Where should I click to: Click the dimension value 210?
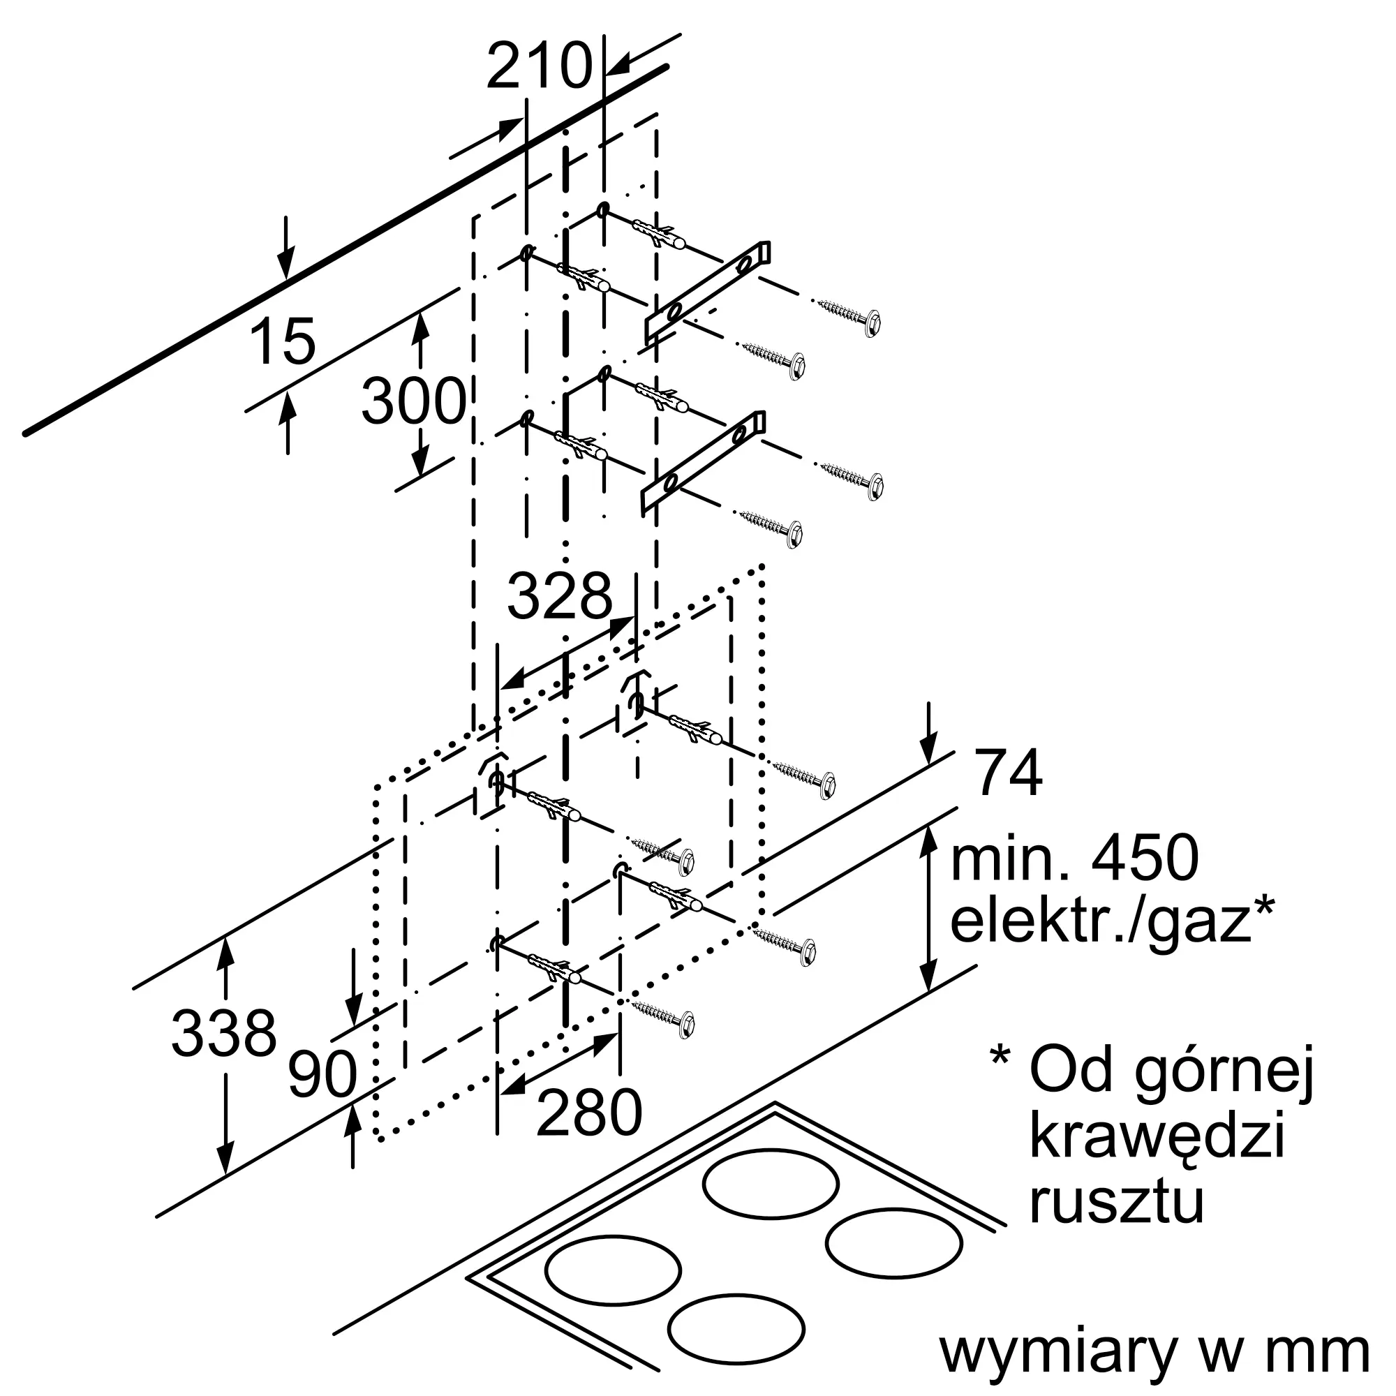coord(539,66)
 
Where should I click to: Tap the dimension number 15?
coord(284,341)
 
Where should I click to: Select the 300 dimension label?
coord(414,401)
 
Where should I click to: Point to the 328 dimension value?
coord(560,596)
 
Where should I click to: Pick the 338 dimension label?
coord(224,1032)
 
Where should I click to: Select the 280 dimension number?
coord(590,1113)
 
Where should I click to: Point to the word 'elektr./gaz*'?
coord(1112,921)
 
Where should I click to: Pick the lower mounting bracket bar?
coord(703,463)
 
